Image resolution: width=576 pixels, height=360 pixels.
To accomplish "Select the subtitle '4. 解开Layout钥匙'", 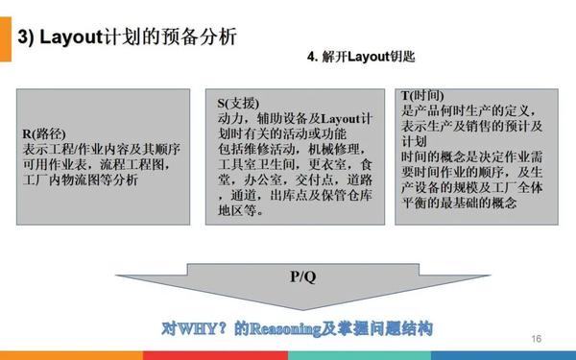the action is point(360,58).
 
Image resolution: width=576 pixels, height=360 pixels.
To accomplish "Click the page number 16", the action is point(536,339).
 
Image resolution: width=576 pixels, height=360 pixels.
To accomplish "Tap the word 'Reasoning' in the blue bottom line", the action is point(286,327).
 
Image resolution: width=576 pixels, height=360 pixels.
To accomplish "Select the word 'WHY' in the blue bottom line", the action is point(202,327).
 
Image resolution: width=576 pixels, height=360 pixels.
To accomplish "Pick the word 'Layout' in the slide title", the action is point(74,37).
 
